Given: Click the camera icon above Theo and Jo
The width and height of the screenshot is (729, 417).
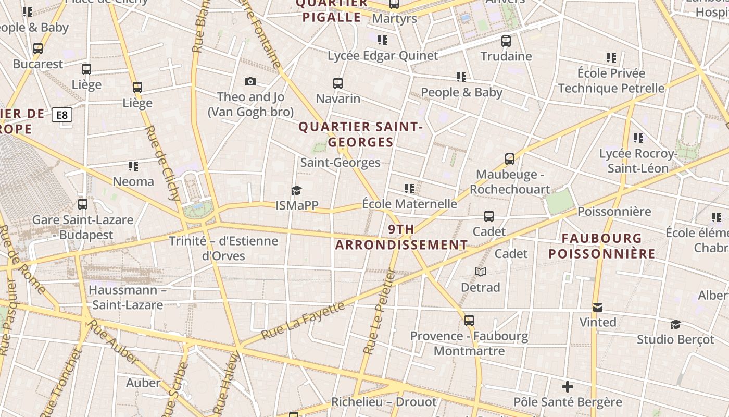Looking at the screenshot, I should pyautogui.click(x=250, y=81).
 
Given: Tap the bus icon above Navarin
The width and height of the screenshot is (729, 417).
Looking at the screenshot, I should pyautogui.click(x=338, y=83).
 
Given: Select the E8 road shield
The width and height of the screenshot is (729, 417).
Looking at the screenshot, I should pyautogui.click(x=62, y=115).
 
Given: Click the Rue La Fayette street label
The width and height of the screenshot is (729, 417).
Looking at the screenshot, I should pyautogui.click(x=303, y=320).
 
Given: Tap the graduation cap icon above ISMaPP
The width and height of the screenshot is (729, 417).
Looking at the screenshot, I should pyautogui.click(x=296, y=190).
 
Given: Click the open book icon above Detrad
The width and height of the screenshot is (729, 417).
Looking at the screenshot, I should pyautogui.click(x=481, y=272).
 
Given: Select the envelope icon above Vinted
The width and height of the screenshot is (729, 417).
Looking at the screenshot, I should pyautogui.click(x=598, y=308).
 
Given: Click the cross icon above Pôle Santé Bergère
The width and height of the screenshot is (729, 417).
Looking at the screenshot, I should pyautogui.click(x=568, y=387).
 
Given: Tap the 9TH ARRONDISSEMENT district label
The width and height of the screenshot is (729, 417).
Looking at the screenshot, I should pyautogui.click(x=401, y=237).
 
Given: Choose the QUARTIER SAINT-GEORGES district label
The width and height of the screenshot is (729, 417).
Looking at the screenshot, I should pyautogui.click(x=360, y=134).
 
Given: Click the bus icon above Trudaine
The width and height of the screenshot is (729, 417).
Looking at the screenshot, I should pyautogui.click(x=506, y=41).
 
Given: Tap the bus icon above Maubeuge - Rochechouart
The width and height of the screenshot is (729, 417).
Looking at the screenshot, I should pyautogui.click(x=510, y=159).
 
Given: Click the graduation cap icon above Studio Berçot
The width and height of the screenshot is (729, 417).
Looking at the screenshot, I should pyautogui.click(x=675, y=324).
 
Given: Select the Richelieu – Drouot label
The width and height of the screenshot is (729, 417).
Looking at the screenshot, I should pyautogui.click(x=384, y=402).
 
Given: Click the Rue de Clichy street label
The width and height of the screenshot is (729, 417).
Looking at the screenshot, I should pyautogui.click(x=164, y=163).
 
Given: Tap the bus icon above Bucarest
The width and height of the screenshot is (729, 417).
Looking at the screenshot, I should pyautogui.click(x=38, y=48).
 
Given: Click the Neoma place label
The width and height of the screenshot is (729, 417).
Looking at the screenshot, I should pyautogui.click(x=134, y=181).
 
